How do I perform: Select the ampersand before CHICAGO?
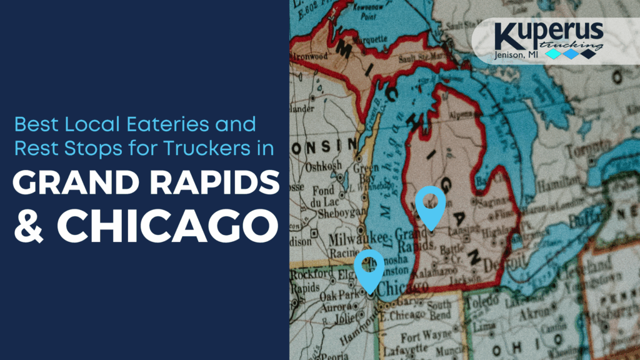point(31,227)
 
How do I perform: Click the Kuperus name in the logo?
point(548,35)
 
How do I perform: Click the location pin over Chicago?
point(369,269)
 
